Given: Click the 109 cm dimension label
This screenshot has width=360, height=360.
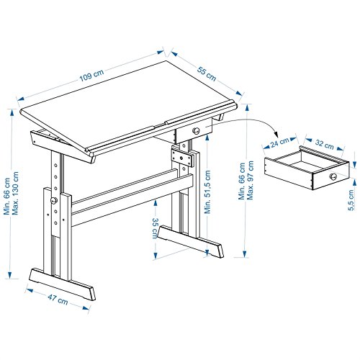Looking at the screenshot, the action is [x=91, y=76].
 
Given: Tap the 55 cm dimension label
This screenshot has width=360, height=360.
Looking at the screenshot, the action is [x=207, y=73].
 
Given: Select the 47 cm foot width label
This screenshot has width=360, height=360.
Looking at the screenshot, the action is [x=58, y=300].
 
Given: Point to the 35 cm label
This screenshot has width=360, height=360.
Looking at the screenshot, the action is [x=156, y=228].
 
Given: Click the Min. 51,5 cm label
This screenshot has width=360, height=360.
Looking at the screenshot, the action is [x=207, y=192].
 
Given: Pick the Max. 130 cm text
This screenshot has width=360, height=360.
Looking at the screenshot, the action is [x=15, y=193].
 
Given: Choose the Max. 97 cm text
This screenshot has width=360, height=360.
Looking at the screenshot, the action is [x=250, y=180].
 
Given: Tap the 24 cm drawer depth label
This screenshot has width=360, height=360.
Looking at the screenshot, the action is [x=279, y=143].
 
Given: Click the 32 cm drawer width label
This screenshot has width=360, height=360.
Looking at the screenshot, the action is [x=324, y=144].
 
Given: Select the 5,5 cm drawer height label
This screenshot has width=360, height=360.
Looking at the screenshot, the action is [x=351, y=200].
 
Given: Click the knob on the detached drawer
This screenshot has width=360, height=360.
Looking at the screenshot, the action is [x=333, y=176].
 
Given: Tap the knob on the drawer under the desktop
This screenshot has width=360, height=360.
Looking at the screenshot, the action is [x=196, y=131].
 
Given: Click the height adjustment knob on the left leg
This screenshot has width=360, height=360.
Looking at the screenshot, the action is [x=54, y=200].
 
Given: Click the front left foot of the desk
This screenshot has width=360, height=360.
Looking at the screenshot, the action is [x=62, y=284].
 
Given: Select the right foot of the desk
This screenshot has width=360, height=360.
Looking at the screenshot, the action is [x=191, y=241].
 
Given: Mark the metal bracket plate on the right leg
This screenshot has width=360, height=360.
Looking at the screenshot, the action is [x=182, y=158].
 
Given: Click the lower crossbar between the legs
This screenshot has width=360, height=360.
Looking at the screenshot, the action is [x=132, y=200].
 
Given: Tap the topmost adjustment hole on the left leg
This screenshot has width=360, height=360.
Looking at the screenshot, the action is [x=55, y=165].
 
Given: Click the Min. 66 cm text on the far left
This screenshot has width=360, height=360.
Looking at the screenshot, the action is [x=6, y=196].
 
